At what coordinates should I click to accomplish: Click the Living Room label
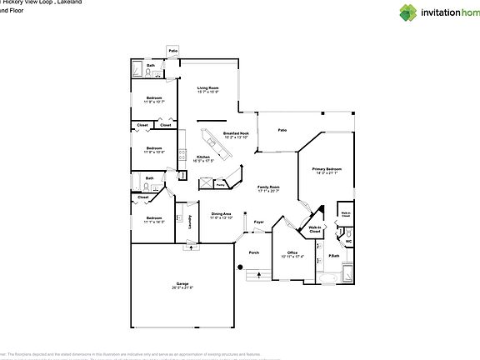tap(207, 87)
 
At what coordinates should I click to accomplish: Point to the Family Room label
tap(268, 187)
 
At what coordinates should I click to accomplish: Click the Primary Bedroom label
tap(327, 170)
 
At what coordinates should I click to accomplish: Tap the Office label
tap(292, 252)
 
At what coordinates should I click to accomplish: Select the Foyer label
tap(259, 222)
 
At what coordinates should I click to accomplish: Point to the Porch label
tap(254, 252)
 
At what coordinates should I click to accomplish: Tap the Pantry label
tap(221, 185)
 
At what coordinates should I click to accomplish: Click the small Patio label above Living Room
tap(173, 51)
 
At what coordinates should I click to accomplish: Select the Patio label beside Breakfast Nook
tap(282, 130)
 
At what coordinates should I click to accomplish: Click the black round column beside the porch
tap(241, 267)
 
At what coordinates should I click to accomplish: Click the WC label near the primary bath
tap(348, 242)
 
